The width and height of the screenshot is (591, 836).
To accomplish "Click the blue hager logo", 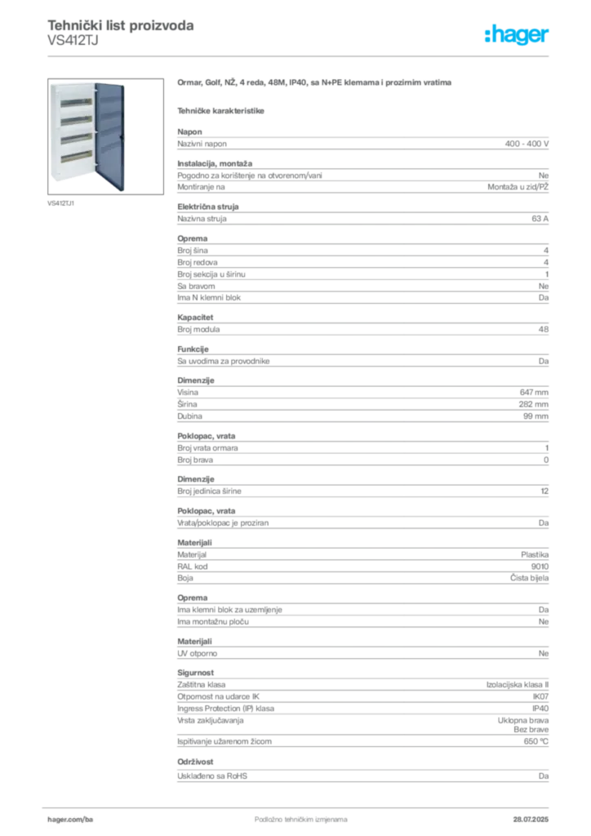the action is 518,36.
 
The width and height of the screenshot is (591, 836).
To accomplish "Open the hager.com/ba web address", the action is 72,817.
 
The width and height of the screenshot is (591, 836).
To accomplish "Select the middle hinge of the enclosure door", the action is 96,135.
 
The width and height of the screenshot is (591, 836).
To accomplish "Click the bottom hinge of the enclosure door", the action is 96,181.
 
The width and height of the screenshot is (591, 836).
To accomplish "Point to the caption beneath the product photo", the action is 62,202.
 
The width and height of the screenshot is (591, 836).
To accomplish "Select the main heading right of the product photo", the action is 315,83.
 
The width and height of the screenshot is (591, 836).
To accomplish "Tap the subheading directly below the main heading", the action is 222,109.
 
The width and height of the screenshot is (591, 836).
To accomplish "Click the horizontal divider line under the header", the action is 300,56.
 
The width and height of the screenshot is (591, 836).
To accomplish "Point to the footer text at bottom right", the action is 531,814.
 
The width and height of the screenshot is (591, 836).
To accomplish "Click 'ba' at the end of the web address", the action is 90,817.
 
